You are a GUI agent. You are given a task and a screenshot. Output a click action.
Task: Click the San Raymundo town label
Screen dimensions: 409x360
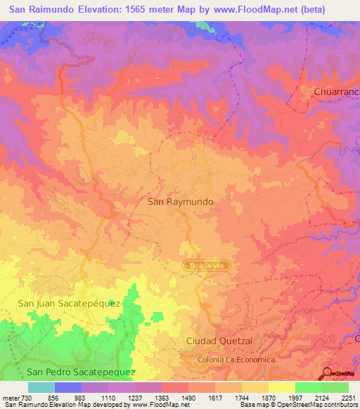[180, 201]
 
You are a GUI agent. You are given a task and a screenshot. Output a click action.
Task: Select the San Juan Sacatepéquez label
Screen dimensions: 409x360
[70, 303]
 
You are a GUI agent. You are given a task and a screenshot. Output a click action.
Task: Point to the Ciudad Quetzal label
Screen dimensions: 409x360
[219, 341]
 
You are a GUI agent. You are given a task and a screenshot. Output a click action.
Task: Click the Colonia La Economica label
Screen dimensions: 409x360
[237, 361]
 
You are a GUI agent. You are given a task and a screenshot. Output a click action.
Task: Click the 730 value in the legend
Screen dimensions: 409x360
[26, 396]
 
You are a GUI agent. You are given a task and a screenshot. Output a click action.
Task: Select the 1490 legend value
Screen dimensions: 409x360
[189, 396]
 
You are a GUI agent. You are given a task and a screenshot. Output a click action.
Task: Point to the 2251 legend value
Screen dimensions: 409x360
[349, 396]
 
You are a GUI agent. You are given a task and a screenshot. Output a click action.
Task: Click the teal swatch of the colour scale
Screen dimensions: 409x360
[41, 387]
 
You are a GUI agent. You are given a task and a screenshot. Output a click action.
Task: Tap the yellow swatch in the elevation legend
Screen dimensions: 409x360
[281, 387]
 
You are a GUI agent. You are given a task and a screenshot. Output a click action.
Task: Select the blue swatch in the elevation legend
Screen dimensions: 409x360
[67, 387]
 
